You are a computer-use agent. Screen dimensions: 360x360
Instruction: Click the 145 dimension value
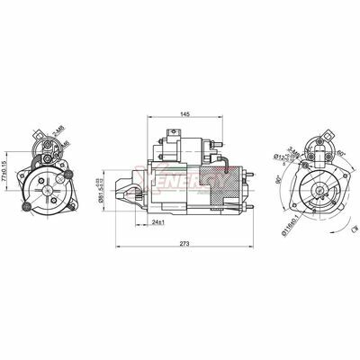[x=184, y=115]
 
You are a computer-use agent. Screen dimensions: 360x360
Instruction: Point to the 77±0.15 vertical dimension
[x=6, y=166]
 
